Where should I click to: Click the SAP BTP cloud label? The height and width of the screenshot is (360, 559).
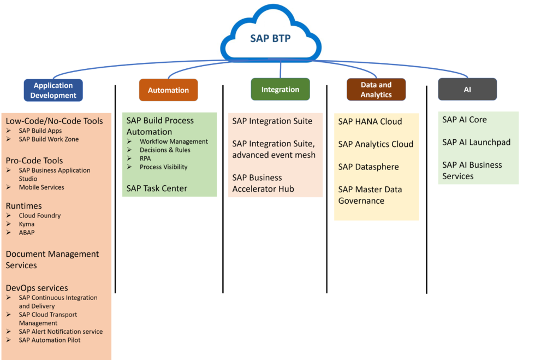coord(271,39)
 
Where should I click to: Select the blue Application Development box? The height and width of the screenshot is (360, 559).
coord(53,90)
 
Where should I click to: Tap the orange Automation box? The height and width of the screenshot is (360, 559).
coord(168,90)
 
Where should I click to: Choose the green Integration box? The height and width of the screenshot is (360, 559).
coord(280,90)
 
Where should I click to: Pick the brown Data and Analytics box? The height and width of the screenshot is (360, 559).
coord(376,90)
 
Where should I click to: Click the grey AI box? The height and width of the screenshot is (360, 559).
coord(467,90)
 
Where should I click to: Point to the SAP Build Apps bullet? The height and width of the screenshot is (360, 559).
coord(40,131)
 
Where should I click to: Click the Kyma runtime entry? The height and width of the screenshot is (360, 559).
coord(26,224)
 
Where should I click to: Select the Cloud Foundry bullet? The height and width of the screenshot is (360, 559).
coord(40,216)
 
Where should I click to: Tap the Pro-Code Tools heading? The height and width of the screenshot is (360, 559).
coord(34,161)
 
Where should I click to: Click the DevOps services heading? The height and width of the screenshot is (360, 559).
coord(37,288)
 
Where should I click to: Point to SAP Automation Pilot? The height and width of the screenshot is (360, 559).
coord(50,340)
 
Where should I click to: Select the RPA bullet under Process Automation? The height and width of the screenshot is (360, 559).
coord(145,158)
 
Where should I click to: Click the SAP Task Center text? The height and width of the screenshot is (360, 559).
coord(157,188)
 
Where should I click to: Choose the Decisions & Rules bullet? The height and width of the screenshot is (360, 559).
coord(165,150)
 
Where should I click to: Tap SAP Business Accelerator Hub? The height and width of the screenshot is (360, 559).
coord(263,184)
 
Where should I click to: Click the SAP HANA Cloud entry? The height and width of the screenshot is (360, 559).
coord(370,122)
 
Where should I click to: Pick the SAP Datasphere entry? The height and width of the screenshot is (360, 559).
coord(368,167)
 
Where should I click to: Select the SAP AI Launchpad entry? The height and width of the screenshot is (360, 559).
coord(476,143)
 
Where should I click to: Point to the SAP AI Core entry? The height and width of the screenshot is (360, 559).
coord(465,120)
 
